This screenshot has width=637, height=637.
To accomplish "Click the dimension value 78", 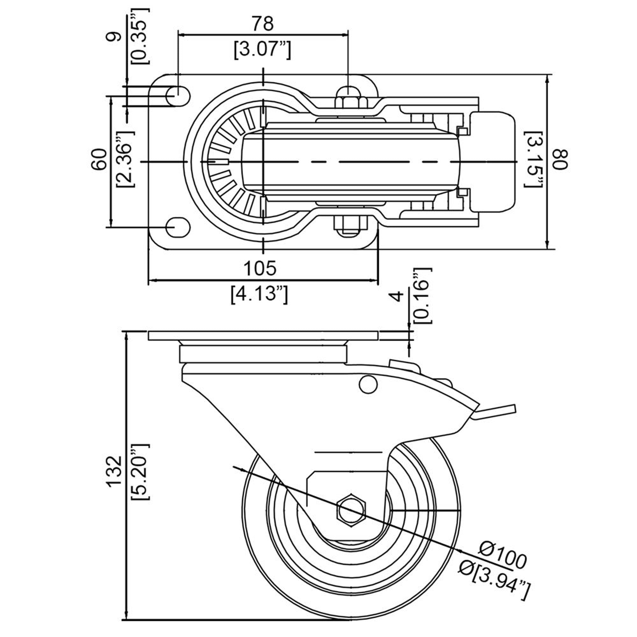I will click(262, 24).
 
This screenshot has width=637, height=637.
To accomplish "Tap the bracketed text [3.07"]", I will click(262, 50).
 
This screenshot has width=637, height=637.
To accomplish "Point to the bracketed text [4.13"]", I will click(260, 294).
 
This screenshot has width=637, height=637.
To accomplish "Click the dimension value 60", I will click(99, 159).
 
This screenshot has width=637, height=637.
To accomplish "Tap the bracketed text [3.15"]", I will click(533, 159).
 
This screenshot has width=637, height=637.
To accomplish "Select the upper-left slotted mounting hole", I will click(177, 96).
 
